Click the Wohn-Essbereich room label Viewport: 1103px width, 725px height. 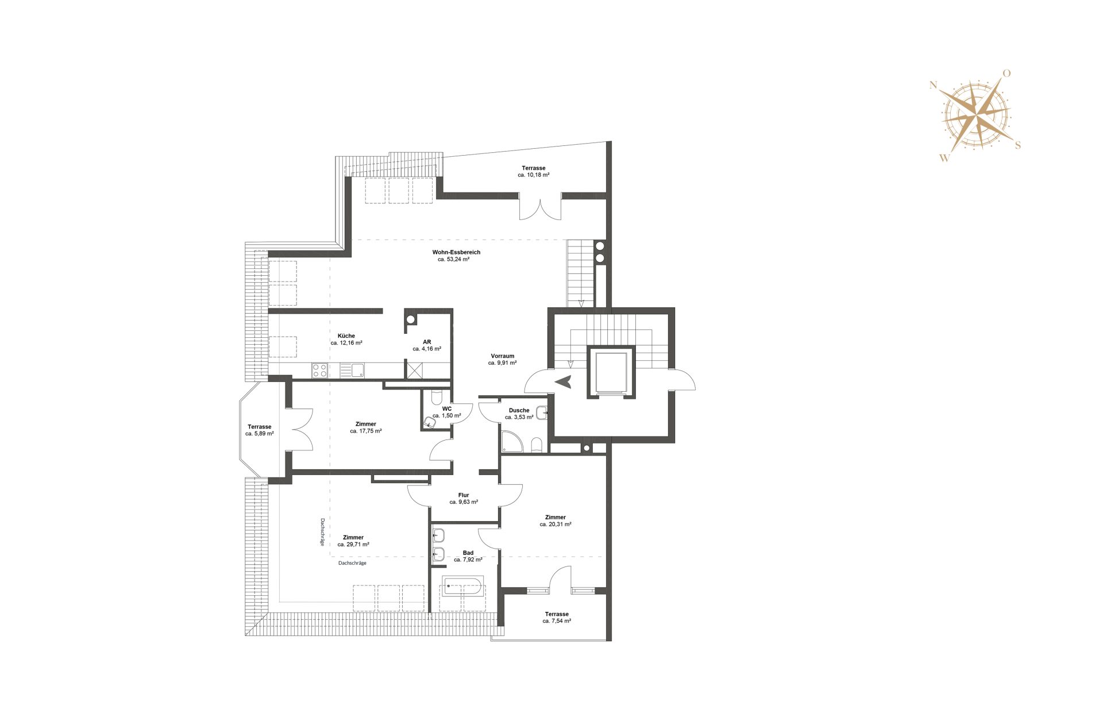pyautogui.click(x=456, y=252)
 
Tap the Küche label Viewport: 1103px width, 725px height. pyautogui.click(x=346, y=336)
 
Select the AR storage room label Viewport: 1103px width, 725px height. pyautogui.click(x=427, y=342)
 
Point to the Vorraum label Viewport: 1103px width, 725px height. pyautogui.click(x=503, y=356)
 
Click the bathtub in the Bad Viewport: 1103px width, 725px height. pyautogui.click(x=463, y=586)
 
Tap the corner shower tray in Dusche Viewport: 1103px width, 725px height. pyautogui.click(x=512, y=441)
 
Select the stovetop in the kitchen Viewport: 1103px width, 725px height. pyautogui.click(x=319, y=371)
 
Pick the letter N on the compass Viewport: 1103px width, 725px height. pyautogui.click(x=933, y=86)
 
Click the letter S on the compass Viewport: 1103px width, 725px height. pyautogui.click(x=1018, y=145)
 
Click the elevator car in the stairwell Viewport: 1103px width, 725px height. pyautogui.click(x=611, y=372)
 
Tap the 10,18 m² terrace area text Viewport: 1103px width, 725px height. pyautogui.click(x=534, y=175)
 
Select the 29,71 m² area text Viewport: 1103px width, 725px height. pyautogui.click(x=353, y=545)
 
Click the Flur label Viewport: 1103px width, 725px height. pyautogui.click(x=464, y=495)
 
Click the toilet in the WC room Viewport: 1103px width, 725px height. pyautogui.click(x=430, y=423)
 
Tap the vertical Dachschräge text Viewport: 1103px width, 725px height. pyautogui.click(x=322, y=532)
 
